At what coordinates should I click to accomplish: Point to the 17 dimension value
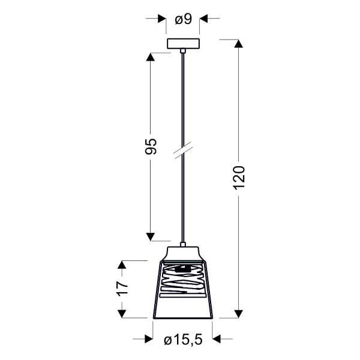[x=122, y=289]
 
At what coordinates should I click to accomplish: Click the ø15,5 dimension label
[x=182, y=340]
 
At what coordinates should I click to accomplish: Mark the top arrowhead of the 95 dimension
[x=151, y=58]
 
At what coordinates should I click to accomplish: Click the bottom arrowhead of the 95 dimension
[x=151, y=235]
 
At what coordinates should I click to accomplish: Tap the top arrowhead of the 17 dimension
[x=122, y=265]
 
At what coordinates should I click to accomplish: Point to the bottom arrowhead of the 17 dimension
[x=122, y=313]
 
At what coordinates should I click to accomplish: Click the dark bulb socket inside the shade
[x=184, y=268]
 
